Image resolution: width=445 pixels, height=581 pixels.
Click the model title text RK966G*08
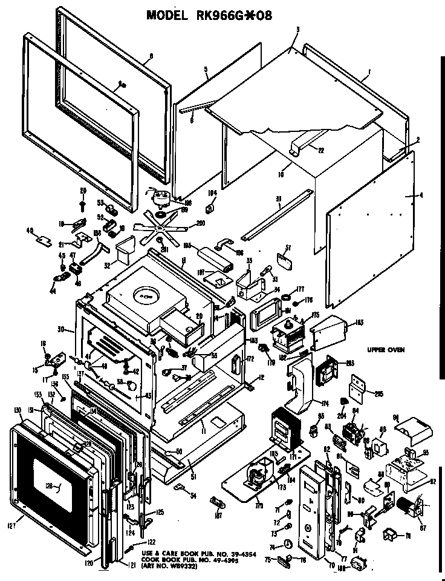(x=209, y=15)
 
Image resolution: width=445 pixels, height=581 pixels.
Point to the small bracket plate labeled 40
(x=42, y=240)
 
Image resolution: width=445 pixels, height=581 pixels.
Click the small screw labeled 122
(x=132, y=548)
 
